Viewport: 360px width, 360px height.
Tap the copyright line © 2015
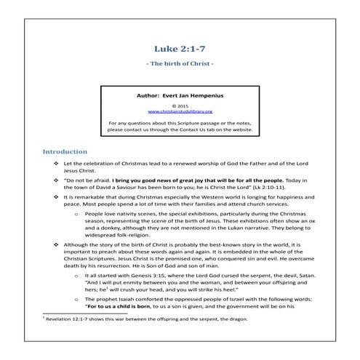[179, 105]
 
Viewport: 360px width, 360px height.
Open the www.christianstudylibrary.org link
[179, 111]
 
